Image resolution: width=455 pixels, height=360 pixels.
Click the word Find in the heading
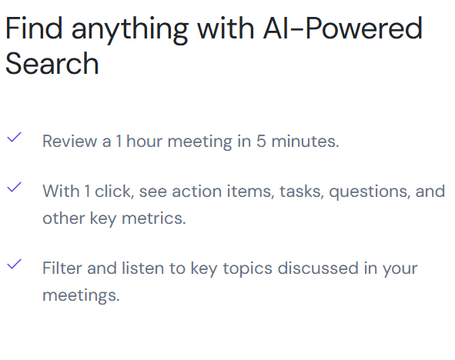[x=34, y=28]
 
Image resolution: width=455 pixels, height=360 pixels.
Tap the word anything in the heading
[x=129, y=31]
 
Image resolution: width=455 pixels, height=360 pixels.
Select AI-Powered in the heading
[x=343, y=28]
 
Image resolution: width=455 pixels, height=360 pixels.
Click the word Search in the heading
[x=52, y=63]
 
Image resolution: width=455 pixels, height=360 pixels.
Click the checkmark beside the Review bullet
[x=14, y=137]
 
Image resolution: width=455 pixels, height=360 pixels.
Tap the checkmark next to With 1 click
[x=14, y=187]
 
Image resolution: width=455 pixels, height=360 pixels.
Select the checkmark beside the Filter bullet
[x=14, y=264]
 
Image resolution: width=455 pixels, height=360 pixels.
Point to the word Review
[x=69, y=142]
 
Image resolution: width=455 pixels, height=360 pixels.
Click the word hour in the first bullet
[x=144, y=141]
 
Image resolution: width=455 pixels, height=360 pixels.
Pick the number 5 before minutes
[x=261, y=142]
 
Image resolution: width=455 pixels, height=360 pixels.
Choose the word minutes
[x=306, y=142]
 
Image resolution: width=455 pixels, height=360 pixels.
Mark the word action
[x=197, y=192]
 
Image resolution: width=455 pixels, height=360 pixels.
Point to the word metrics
[x=154, y=218]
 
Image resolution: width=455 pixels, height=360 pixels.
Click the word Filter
[x=62, y=268]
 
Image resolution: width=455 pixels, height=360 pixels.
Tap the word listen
[x=142, y=268]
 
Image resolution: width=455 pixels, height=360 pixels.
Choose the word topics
[x=248, y=269]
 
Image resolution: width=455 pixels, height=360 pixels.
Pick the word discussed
[x=318, y=268]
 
